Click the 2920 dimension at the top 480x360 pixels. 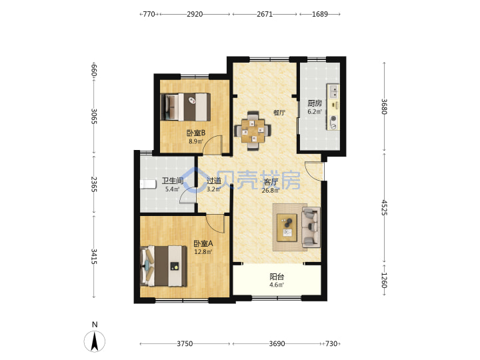pos(195,14)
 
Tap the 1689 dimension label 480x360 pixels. pos(320,14)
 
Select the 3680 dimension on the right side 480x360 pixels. pos(384,107)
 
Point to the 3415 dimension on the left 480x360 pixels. pos(94,257)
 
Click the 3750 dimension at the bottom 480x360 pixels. pos(185,344)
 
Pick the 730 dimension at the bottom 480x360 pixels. pos(331,344)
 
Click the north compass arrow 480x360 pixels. pos(95,341)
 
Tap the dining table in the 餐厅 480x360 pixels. pos(253,131)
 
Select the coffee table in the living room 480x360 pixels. pos(287,228)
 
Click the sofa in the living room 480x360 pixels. pos(311,227)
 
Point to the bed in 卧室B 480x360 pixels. pos(185,107)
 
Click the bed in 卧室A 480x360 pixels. pos(163,266)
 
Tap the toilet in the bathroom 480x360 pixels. pos(148,184)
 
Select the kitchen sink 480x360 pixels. pos(333,91)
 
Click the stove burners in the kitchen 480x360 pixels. pos(333,122)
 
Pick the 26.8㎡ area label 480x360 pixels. pos(270,191)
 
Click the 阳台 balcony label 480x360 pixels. pos(277,277)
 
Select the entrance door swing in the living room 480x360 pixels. pos(314,172)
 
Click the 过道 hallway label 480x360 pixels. pos(214,181)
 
